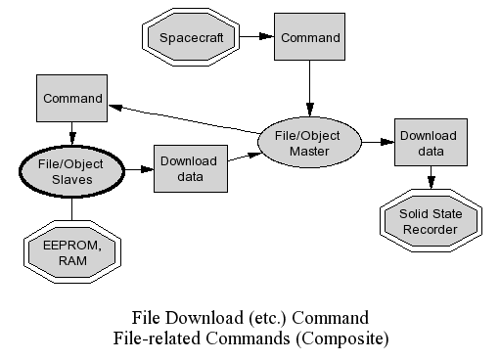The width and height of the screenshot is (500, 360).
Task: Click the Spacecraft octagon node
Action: (x=191, y=37)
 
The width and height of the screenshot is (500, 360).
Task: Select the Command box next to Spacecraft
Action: (x=309, y=36)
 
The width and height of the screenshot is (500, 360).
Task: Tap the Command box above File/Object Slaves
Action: (x=71, y=98)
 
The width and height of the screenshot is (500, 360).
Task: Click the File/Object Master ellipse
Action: (x=309, y=142)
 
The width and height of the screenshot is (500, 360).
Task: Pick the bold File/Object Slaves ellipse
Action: (x=71, y=171)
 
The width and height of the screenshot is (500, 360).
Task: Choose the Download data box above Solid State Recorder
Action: (x=431, y=142)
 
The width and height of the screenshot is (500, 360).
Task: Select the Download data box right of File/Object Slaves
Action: (x=191, y=168)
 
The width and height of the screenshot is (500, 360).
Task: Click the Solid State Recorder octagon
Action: (x=431, y=220)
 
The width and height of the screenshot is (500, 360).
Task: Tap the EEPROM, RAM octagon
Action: (x=72, y=251)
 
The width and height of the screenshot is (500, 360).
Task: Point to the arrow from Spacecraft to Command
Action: (x=257, y=36)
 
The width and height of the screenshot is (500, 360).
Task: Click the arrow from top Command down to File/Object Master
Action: (x=309, y=88)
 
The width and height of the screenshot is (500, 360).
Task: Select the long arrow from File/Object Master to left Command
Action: (x=184, y=119)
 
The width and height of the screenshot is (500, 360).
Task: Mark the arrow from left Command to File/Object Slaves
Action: (x=72, y=134)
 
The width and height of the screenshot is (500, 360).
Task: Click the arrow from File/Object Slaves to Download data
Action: (x=139, y=169)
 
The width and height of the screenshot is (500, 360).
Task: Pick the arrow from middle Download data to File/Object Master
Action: (x=246, y=157)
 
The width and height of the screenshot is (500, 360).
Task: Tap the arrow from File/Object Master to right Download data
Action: (x=378, y=142)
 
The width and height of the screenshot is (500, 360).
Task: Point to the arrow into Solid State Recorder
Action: (x=432, y=177)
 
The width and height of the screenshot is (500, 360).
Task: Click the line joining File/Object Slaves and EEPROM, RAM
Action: (x=71, y=208)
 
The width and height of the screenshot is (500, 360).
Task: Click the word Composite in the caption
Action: (x=342, y=338)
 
